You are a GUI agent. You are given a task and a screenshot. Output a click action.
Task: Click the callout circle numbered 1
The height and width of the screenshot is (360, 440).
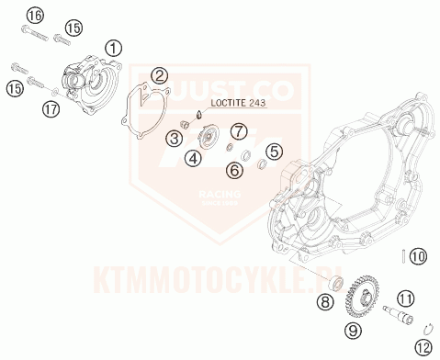pyautogui.click(x=113, y=48)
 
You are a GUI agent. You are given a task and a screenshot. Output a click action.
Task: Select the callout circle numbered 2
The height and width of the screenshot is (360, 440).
pyautogui.click(x=160, y=76)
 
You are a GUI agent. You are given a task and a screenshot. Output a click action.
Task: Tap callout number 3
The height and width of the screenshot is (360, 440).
pyautogui.click(x=173, y=139)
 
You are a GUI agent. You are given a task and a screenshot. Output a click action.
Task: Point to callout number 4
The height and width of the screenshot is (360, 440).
pyautogui.click(x=193, y=158)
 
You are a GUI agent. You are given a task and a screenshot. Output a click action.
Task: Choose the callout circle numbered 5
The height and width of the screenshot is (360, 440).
pyautogui.click(x=272, y=152)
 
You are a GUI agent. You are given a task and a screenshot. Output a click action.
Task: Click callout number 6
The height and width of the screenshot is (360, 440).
pyautogui.click(x=235, y=170)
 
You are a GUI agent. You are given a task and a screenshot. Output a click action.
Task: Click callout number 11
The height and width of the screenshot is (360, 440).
pyautogui.click(x=406, y=297)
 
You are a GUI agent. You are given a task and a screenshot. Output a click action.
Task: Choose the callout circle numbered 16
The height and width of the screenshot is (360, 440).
pyautogui.click(x=35, y=16)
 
